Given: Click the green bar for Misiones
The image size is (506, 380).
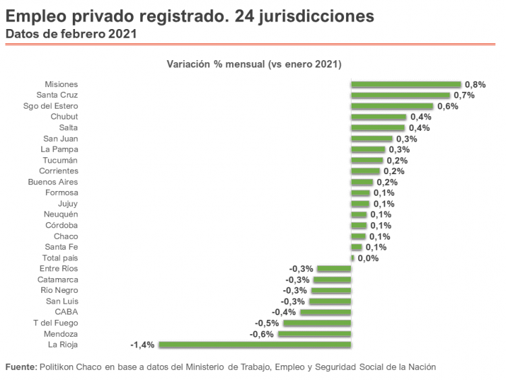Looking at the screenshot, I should click(x=405, y=84).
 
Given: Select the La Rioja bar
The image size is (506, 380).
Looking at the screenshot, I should click(x=254, y=345).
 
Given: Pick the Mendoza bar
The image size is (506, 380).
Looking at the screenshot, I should click(x=314, y=334).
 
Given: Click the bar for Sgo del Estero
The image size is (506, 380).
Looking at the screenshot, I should click(x=392, y=106).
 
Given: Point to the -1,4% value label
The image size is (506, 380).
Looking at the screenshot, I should click(x=142, y=345).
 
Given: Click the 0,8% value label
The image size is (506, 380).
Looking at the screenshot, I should click(x=475, y=84).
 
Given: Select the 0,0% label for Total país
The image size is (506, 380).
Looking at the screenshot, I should click(x=368, y=258).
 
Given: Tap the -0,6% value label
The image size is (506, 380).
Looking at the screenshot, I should click(x=261, y=334).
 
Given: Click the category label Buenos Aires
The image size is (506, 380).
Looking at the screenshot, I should click(x=53, y=182).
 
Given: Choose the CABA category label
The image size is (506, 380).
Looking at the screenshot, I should click(x=66, y=312).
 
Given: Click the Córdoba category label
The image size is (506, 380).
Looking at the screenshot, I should click(x=61, y=225).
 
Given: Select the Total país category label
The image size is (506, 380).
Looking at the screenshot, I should click(x=60, y=258).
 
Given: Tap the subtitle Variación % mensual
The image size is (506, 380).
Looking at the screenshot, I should click(x=253, y=64).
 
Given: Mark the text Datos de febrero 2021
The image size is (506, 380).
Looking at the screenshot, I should click(x=70, y=33).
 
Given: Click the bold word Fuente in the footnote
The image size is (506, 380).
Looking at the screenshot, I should click(x=21, y=367).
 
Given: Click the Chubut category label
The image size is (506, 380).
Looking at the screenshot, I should click(x=65, y=117).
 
